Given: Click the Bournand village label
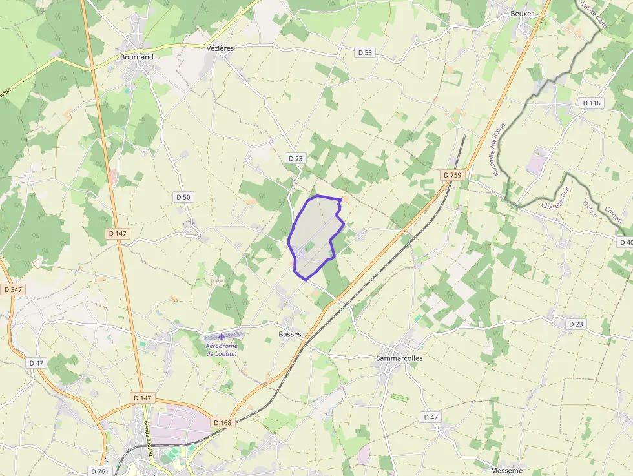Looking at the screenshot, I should tap(137, 57).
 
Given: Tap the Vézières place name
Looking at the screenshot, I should tap(220, 48).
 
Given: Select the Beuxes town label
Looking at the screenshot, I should tap(523, 14).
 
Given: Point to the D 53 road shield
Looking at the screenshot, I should tap(366, 52).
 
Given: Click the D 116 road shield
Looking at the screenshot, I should tap(591, 103).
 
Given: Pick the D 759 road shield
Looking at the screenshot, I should tap(453, 175).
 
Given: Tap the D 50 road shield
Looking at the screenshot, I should tap(183, 196).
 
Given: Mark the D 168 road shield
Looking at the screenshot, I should tap(222, 423).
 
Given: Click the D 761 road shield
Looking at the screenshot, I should tap(99, 471).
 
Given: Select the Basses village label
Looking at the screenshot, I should tap(290, 334).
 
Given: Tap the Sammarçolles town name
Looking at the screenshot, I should tap(399, 358).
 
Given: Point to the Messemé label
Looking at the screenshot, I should tap(506, 471).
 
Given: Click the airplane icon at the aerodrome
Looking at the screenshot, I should tap(222, 336).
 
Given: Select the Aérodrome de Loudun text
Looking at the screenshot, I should tap(222, 349).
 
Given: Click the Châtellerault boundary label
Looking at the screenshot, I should tap(556, 198).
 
